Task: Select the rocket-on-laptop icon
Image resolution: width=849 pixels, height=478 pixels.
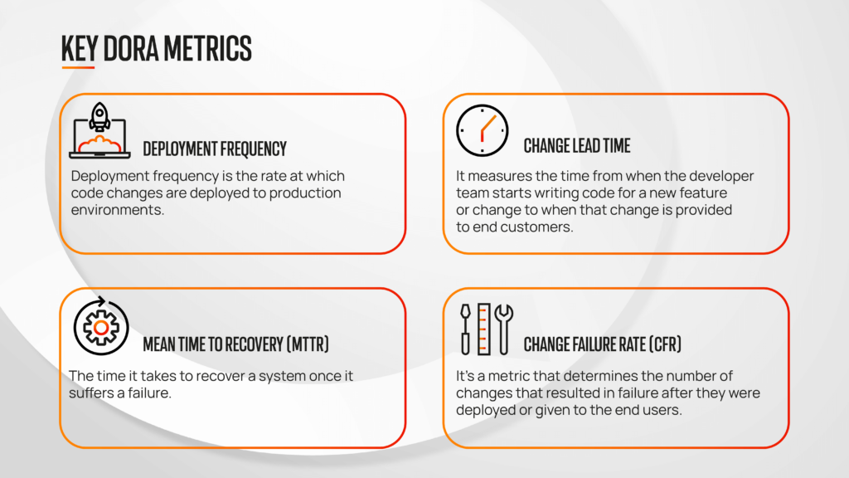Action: coord(99,131)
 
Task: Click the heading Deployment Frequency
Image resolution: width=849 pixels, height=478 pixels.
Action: coord(215,149)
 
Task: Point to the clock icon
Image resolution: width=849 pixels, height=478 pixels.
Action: coord(483,131)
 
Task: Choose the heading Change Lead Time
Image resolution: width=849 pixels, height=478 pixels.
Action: coord(577,147)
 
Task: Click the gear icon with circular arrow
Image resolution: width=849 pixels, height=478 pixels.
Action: coord(100,326)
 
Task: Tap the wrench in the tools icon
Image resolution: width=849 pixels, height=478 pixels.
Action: coord(503,328)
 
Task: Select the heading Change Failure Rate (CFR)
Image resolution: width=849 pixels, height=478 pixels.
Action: coord(603,344)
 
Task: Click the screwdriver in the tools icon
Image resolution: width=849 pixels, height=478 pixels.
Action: coord(466,328)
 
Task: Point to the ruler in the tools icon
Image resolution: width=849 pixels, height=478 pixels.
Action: coord(483,329)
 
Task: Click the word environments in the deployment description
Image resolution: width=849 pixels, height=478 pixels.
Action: coord(116,211)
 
